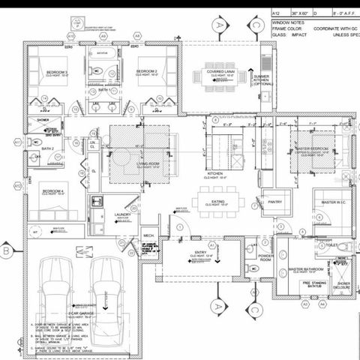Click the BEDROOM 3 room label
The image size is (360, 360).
[55, 72]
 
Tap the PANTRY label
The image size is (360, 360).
[272, 201]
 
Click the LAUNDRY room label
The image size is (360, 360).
[123, 214]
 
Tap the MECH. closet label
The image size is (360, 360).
[148, 235]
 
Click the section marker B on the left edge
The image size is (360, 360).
[7, 250]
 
